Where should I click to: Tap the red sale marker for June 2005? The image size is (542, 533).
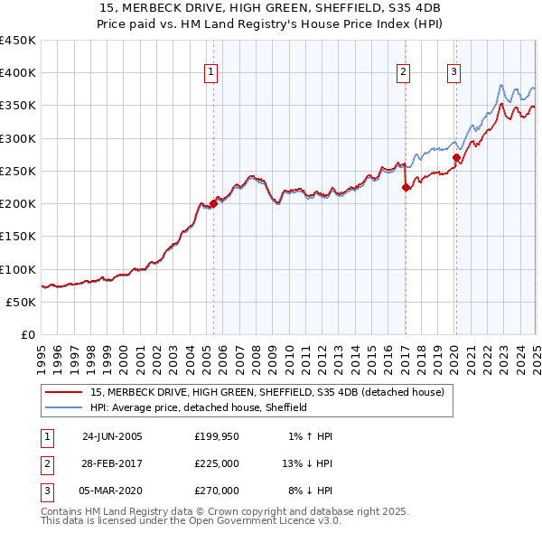(x=214, y=203)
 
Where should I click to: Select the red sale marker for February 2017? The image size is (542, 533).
(x=406, y=187)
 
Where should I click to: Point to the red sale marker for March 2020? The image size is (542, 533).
(x=456, y=158)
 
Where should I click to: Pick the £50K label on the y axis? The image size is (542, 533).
(x=21, y=302)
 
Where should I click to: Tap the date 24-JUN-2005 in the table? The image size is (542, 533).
(x=112, y=436)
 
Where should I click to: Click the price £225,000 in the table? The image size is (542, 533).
(x=216, y=463)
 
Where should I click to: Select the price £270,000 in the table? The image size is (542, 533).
(x=216, y=491)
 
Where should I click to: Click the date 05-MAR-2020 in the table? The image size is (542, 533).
(x=112, y=491)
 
